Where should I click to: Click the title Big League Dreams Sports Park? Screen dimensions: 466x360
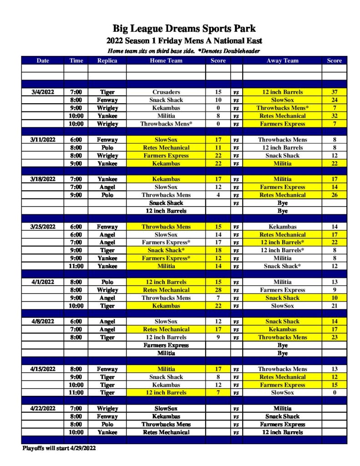(184, 29)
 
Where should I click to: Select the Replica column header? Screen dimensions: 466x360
(107, 61)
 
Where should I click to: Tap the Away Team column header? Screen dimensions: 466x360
(282, 61)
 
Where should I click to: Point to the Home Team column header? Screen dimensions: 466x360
(166, 61)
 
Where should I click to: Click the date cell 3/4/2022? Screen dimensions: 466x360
(43, 92)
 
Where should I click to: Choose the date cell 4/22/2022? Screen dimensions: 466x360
(43, 409)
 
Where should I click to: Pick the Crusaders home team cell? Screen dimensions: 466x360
(166, 92)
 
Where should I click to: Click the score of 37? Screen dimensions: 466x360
(334, 92)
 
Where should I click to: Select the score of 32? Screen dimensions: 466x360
(334, 116)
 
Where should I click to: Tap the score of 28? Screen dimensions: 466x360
(218, 290)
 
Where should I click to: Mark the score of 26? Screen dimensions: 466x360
(334, 195)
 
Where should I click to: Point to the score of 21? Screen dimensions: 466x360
(334, 306)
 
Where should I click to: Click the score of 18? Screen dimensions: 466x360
(218, 250)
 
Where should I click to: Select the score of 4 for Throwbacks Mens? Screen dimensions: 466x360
(218, 195)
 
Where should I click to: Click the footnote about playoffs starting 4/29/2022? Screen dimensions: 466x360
(59, 448)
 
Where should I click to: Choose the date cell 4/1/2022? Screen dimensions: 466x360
(43, 282)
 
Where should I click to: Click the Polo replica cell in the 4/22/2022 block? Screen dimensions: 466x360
(107, 425)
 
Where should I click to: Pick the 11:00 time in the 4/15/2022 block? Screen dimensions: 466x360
(76, 393)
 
